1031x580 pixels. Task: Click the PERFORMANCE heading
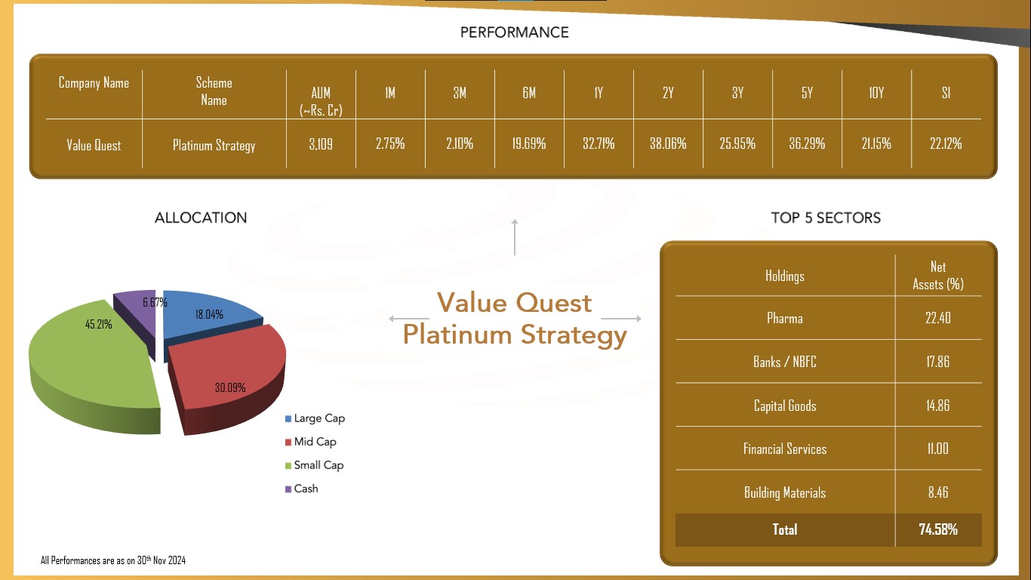pos(514,32)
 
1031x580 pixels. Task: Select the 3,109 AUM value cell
pos(321,144)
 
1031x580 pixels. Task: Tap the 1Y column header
pos(599,93)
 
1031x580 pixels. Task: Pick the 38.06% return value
pos(668,143)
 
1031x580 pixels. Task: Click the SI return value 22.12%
pos(946,143)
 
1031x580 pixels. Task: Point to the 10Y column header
pos(876,93)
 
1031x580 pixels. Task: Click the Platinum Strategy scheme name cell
pos(214,146)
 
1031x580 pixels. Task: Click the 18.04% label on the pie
pos(209,315)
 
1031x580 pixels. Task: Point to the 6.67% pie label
pos(155,302)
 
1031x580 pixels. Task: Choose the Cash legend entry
pos(301,489)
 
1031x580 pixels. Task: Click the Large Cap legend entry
pos(315,418)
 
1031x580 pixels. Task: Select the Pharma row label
pos(785,319)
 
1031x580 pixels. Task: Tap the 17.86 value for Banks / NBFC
pos(937,362)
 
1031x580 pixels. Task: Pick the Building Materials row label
pos(785,493)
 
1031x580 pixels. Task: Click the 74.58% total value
pos(938,529)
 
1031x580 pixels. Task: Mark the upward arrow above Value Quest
pos(515,237)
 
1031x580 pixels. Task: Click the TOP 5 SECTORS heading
pos(826,218)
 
